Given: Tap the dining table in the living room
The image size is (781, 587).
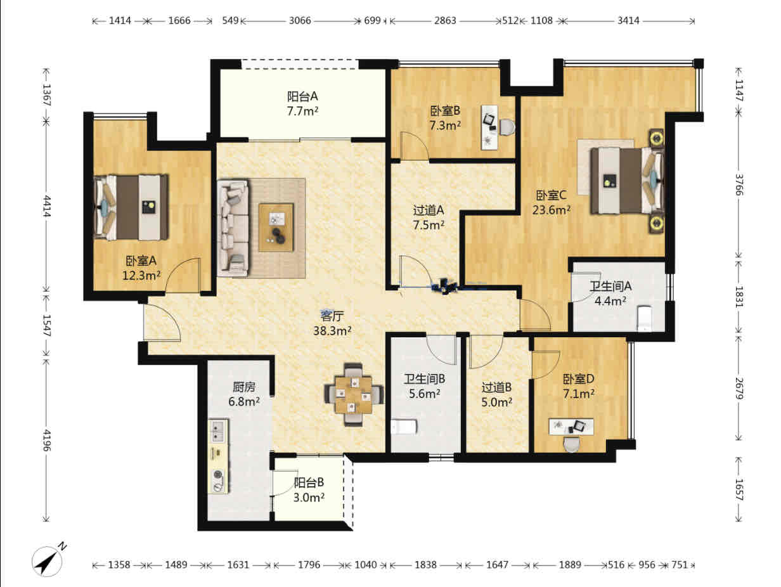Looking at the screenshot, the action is [x=353, y=394].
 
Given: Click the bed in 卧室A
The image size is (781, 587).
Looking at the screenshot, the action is [x=131, y=207].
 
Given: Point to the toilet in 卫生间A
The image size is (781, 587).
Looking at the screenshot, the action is [x=644, y=318].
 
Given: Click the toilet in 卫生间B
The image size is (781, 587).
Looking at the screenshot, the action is [x=404, y=427].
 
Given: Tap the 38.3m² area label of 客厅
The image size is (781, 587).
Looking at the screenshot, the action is [x=332, y=331].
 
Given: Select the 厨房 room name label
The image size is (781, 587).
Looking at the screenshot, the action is [x=244, y=387].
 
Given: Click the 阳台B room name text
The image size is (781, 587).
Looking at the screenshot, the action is [x=309, y=482].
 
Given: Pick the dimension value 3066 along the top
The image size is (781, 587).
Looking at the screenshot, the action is [x=300, y=21].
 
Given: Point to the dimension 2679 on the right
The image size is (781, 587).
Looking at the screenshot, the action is [x=739, y=389].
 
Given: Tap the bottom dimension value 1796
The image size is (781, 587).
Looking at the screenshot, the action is [x=309, y=565].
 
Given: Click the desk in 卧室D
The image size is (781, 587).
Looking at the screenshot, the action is [x=571, y=427].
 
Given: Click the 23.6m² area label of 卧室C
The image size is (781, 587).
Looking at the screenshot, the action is [x=551, y=210].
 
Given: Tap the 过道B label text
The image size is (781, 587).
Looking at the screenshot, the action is [x=497, y=387].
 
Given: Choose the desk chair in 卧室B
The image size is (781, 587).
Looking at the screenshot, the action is [x=507, y=127].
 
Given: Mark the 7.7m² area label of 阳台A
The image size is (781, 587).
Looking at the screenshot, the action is [x=302, y=112].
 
